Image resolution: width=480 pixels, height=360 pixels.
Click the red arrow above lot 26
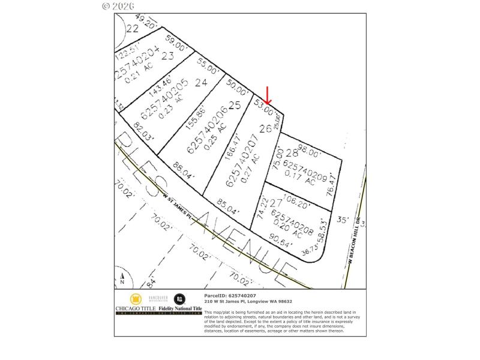coord(268,94)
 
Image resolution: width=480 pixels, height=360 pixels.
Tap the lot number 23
coord(167,56)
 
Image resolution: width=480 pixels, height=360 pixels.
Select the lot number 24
coord(201,82)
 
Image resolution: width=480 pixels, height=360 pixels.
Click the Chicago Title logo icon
coord(136,299)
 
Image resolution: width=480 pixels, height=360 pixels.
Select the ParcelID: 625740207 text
coord(230,296)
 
